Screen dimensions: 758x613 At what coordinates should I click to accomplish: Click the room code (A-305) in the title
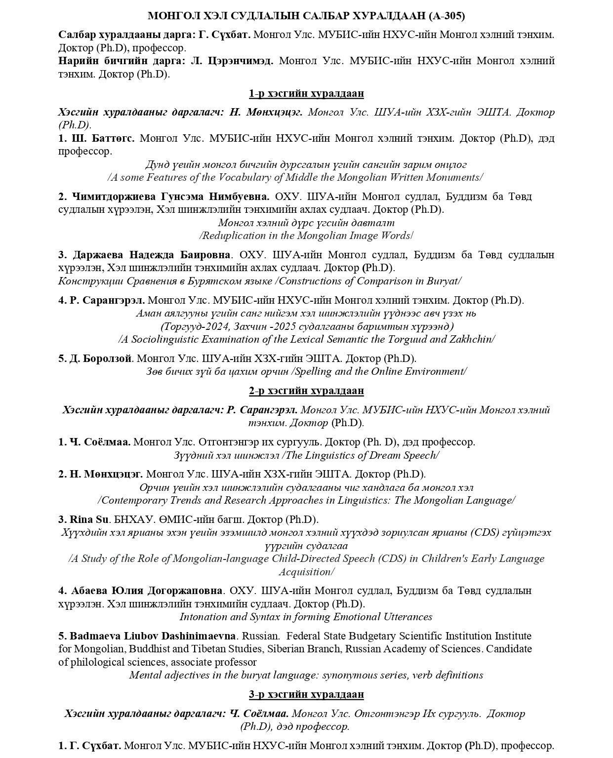pyautogui.click(x=447, y=16)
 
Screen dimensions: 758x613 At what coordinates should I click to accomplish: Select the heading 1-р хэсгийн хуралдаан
pyautogui.click(x=306, y=93)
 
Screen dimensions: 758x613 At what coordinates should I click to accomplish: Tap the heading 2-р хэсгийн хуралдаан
pyautogui.click(x=306, y=391)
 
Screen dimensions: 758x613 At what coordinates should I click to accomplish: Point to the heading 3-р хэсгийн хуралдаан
pyautogui.click(x=306, y=694)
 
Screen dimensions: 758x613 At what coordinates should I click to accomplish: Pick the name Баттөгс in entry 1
pyautogui.click(x=113, y=138)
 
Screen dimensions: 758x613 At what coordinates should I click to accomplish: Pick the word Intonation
pyautogui.click(x=203, y=617)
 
